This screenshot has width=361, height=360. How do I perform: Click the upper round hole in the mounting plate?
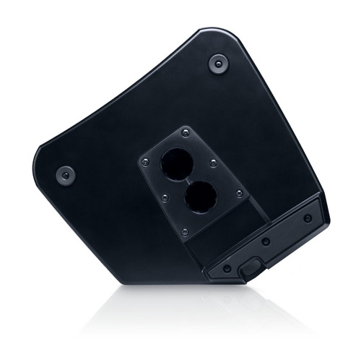(x=175, y=163)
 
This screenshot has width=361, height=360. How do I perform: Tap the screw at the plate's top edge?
(x=186, y=133)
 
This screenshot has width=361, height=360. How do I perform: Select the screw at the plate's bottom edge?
(x=186, y=231)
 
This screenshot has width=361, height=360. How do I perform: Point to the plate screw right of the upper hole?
(x=213, y=163)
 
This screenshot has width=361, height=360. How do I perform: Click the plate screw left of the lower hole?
(x=165, y=197)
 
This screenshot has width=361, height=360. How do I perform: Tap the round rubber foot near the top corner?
(x=219, y=63)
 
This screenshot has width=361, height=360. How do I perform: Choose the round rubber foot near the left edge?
(x=66, y=174)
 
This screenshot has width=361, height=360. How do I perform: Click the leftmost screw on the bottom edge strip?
(x=227, y=268)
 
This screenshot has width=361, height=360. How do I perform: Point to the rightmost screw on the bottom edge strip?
(x=308, y=218)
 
